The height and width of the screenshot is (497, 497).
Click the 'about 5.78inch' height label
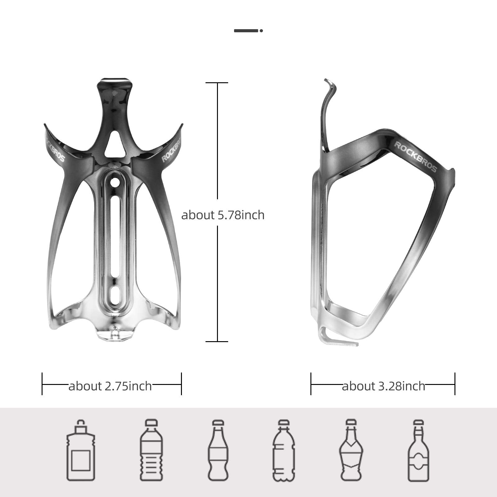point(223,215)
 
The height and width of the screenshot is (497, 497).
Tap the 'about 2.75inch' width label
point(110,386)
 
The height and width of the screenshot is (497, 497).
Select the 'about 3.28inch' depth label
point(383,386)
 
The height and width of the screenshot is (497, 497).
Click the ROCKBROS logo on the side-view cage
point(415,157)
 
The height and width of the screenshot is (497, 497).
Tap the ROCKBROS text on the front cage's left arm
point(55,146)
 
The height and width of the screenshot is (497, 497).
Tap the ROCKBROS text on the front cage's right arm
point(171,146)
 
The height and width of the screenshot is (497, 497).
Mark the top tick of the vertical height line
point(217,83)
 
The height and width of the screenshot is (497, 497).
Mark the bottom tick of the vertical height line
point(217,341)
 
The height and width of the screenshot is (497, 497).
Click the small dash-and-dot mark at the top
point(248,31)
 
